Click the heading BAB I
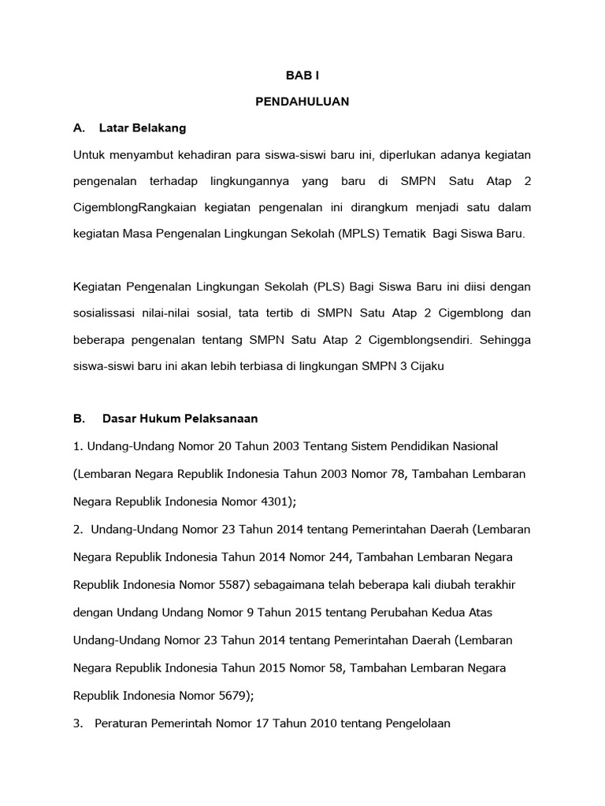302,76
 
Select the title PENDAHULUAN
302,102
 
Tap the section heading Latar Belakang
143,127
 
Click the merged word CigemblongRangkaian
132,207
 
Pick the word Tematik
404,234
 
